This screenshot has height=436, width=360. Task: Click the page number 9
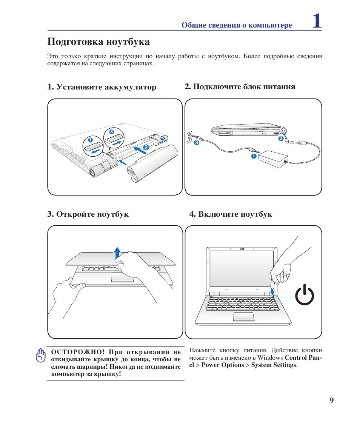pos(331,401)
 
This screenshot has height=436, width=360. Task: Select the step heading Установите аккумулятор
pos(106,87)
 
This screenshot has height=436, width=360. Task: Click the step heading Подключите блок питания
pos(244,87)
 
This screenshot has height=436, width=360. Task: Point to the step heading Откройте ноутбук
pos(92,214)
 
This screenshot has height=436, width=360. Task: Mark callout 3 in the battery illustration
pos(111,132)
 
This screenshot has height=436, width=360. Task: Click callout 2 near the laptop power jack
pos(280,139)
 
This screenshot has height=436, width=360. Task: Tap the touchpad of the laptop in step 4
pos(243,316)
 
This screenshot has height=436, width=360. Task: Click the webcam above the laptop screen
pos(242,249)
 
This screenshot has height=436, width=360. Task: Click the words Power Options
pos(223,365)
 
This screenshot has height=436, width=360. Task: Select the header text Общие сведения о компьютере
pos(237,26)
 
